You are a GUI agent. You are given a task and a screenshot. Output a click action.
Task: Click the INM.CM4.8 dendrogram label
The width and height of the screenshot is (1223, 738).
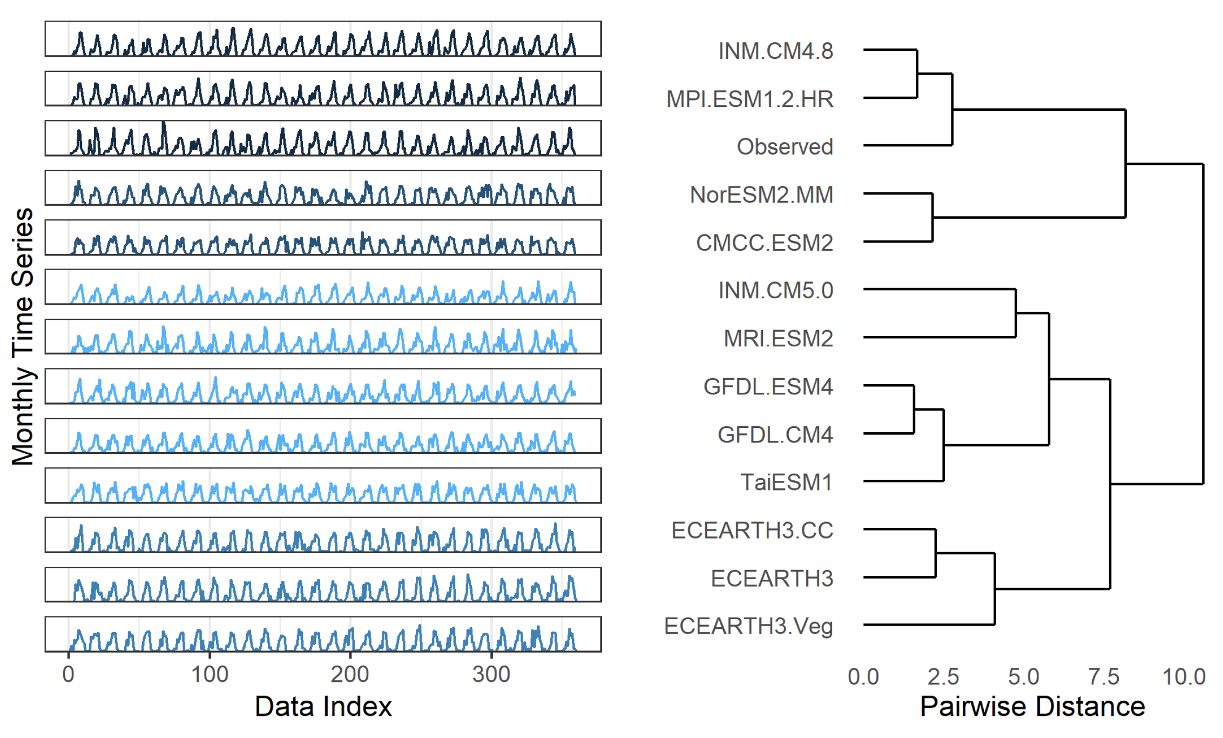tap(775, 51)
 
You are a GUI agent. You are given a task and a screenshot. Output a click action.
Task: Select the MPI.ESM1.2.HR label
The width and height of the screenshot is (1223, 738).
tap(749, 99)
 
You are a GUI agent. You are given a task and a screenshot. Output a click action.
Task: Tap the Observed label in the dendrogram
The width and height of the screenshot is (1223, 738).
tap(785, 147)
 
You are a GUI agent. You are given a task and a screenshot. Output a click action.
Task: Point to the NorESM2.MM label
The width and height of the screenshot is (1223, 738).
tap(761, 195)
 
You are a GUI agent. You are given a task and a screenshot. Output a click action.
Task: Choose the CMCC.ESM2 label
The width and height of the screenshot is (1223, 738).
tap(764, 243)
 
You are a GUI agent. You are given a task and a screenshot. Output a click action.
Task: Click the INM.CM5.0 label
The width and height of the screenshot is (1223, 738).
tap(775, 291)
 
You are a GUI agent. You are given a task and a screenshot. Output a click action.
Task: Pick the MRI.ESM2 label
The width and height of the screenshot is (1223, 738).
tap(778, 339)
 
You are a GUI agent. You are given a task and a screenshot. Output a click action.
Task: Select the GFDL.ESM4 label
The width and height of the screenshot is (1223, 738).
tap(768, 387)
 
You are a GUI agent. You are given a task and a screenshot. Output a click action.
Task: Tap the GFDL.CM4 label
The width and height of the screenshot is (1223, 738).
tap(775, 435)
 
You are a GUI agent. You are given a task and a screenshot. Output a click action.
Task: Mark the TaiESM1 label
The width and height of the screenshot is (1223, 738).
tap(786, 482)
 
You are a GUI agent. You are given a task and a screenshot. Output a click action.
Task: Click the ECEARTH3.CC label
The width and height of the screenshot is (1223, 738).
tap(752, 531)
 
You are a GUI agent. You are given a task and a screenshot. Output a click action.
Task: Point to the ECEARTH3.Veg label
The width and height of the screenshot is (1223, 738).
tap(748, 627)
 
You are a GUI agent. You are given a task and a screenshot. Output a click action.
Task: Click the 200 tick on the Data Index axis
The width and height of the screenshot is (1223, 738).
tap(350, 675)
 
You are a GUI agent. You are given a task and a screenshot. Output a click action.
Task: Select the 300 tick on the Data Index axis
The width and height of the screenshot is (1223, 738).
tap(491, 675)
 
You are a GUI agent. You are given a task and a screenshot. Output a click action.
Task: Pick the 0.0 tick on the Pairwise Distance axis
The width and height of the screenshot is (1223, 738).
tap(863, 677)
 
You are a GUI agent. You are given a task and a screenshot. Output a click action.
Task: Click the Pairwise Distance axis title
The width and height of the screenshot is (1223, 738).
tap(1032, 707)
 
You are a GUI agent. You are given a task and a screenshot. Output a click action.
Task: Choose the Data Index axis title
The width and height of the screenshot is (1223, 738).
tap(323, 707)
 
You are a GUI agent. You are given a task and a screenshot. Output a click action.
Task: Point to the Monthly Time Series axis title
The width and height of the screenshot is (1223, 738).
tap(23, 336)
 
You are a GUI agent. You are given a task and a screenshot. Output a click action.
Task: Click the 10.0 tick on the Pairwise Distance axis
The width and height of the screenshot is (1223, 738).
tap(1184, 677)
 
